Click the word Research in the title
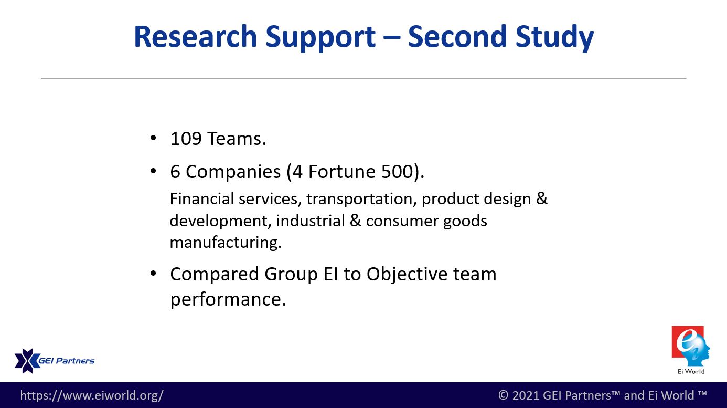click(x=196, y=36)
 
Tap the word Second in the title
click(x=457, y=36)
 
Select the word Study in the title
click(x=554, y=38)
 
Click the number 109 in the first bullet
click(x=186, y=139)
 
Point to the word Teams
click(x=237, y=139)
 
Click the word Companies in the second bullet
click(x=233, y=172)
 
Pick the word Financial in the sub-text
click(x=201, y=198)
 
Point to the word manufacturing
click(x=226, y=242)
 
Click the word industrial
click(x=311, y=221)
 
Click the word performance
click(x=228, y=299)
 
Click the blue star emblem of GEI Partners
click(x=27, y=361)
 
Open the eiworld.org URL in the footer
click(x=92, y=395)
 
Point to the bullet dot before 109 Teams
click(x=153, y=138)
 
